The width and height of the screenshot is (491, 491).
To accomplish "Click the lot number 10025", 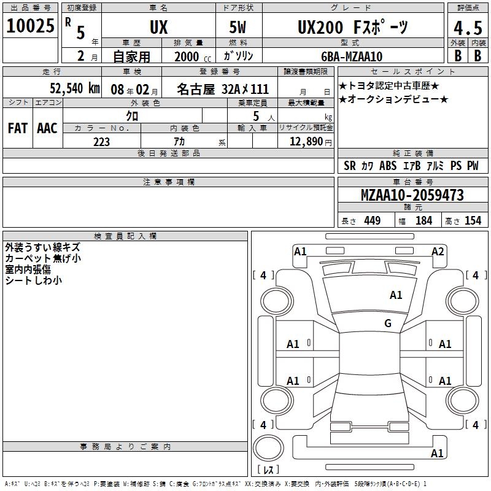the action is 30,26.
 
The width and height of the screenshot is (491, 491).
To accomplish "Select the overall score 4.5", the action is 468,28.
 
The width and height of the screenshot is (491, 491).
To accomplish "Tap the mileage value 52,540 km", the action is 75,88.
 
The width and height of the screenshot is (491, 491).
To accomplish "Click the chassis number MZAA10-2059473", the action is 412,195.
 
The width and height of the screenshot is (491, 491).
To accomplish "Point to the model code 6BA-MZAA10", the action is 352,56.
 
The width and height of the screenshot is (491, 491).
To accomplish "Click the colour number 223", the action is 101,142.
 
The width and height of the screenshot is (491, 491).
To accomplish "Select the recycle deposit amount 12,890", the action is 306,142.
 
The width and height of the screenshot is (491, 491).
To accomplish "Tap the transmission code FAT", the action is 18,128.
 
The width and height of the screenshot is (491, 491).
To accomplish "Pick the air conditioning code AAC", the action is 47,128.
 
